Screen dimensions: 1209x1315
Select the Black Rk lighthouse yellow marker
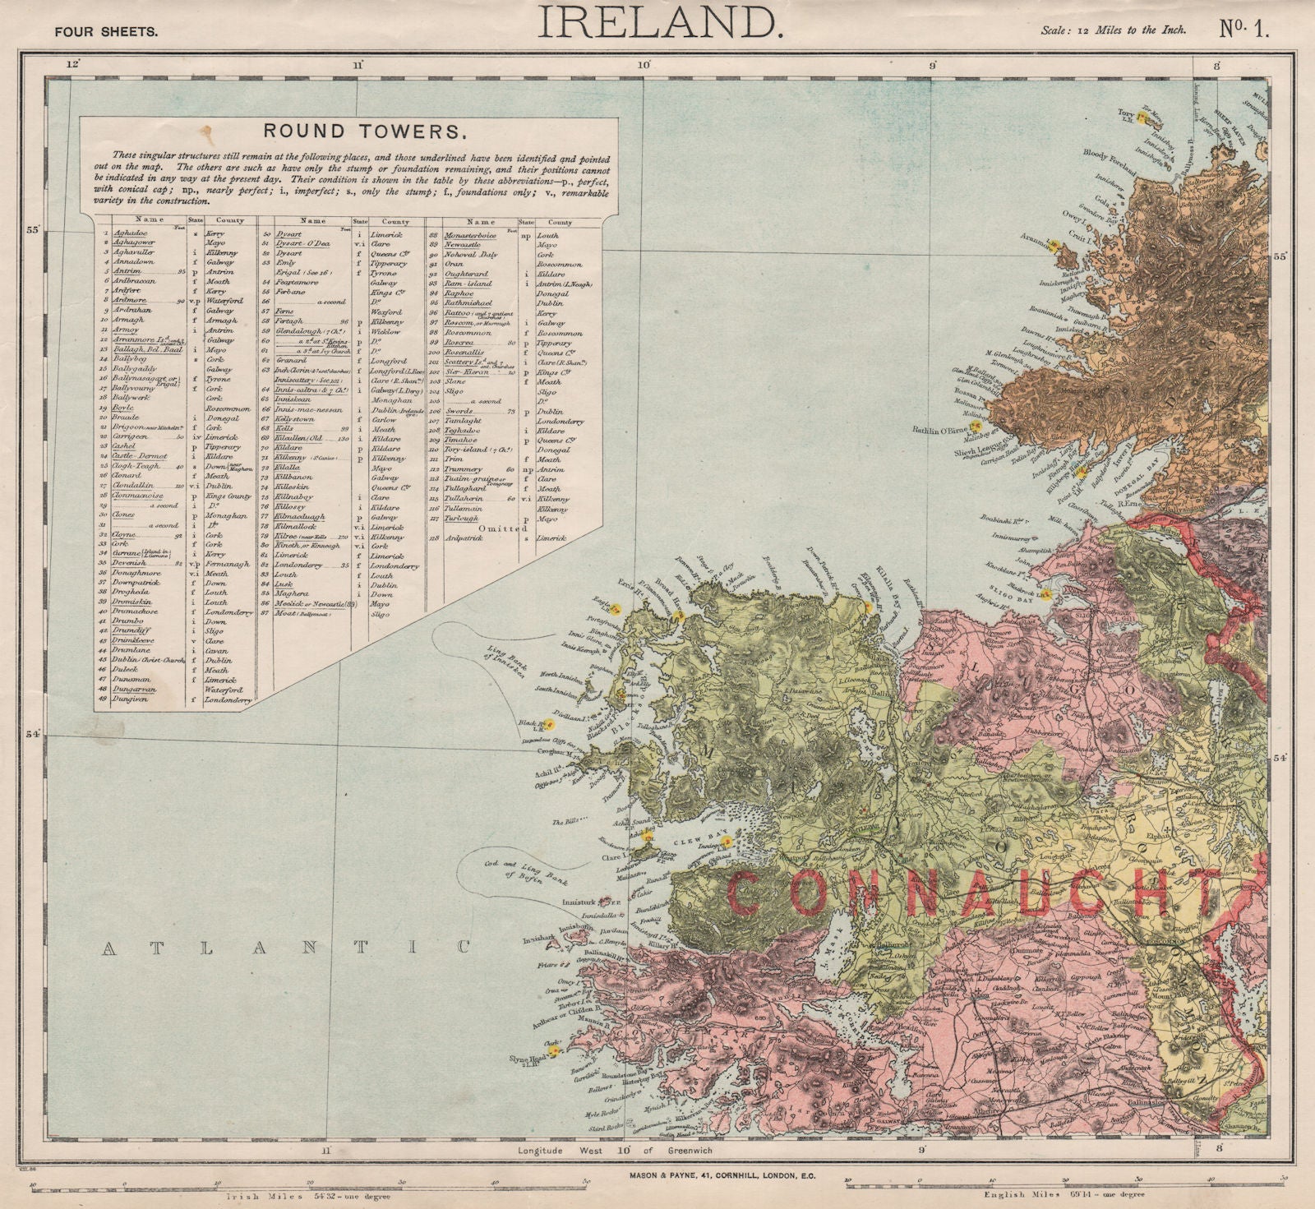(x=551, y=726)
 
